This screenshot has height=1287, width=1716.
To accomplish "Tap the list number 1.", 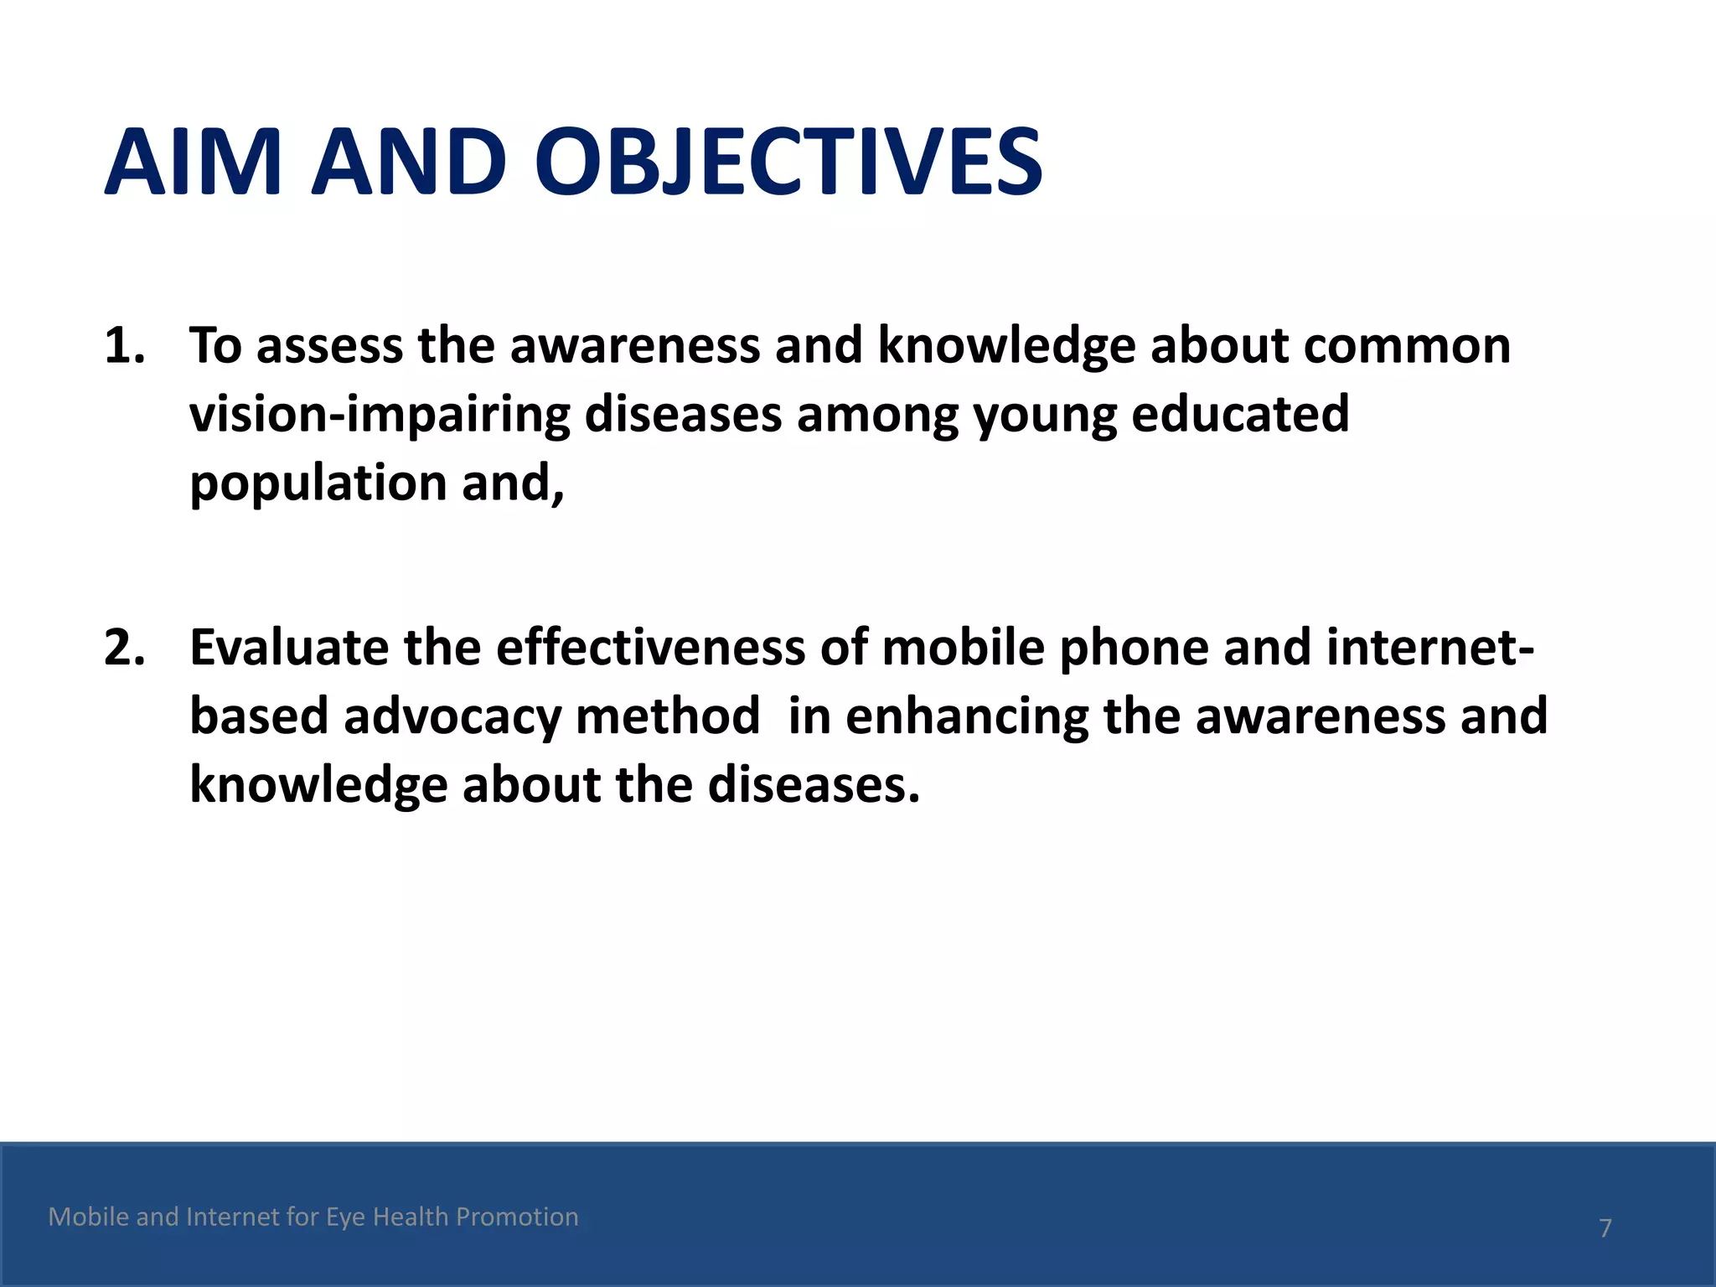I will coord(123,345).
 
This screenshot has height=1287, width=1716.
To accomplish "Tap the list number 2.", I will coord(123,648).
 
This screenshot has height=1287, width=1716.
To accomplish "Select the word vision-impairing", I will coord(380,414).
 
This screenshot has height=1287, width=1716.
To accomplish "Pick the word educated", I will coord(1240,414).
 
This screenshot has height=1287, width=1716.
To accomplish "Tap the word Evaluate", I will coord(289,648).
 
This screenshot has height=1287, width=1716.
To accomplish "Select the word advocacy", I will coord(452,717).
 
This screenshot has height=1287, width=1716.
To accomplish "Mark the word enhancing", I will coord(966,717).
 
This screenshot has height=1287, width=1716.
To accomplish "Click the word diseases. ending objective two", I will coord(814,785).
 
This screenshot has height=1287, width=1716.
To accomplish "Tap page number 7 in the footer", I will coord(1605,1228).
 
